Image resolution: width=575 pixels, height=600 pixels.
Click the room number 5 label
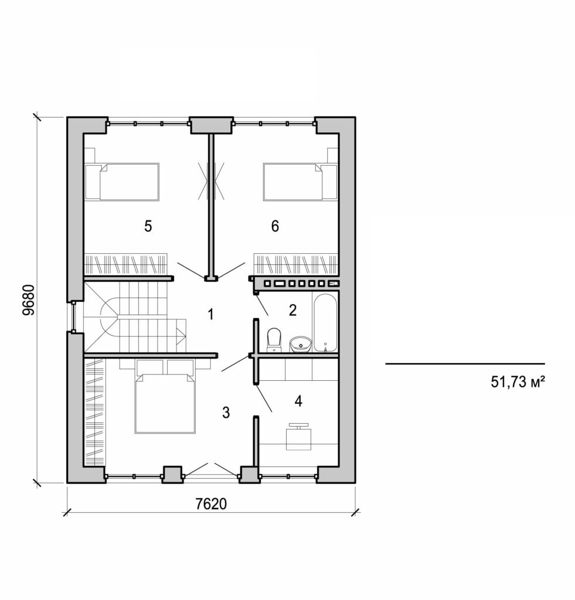click(148, 226)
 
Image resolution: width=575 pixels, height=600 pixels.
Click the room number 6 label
click(275, 226)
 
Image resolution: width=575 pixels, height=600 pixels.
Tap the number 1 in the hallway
click(210, 315)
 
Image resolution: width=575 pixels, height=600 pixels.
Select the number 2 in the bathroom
click(292, 311)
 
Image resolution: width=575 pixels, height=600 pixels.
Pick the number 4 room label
click(298, 401)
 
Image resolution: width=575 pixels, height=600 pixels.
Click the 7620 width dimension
click(210, 504)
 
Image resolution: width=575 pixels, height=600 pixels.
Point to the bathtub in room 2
click(325, 323)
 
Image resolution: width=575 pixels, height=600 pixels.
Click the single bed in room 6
click(292, 182)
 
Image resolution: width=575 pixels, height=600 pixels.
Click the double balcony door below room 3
click(210, 469)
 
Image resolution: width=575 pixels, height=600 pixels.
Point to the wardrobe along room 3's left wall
click(93, 413)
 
